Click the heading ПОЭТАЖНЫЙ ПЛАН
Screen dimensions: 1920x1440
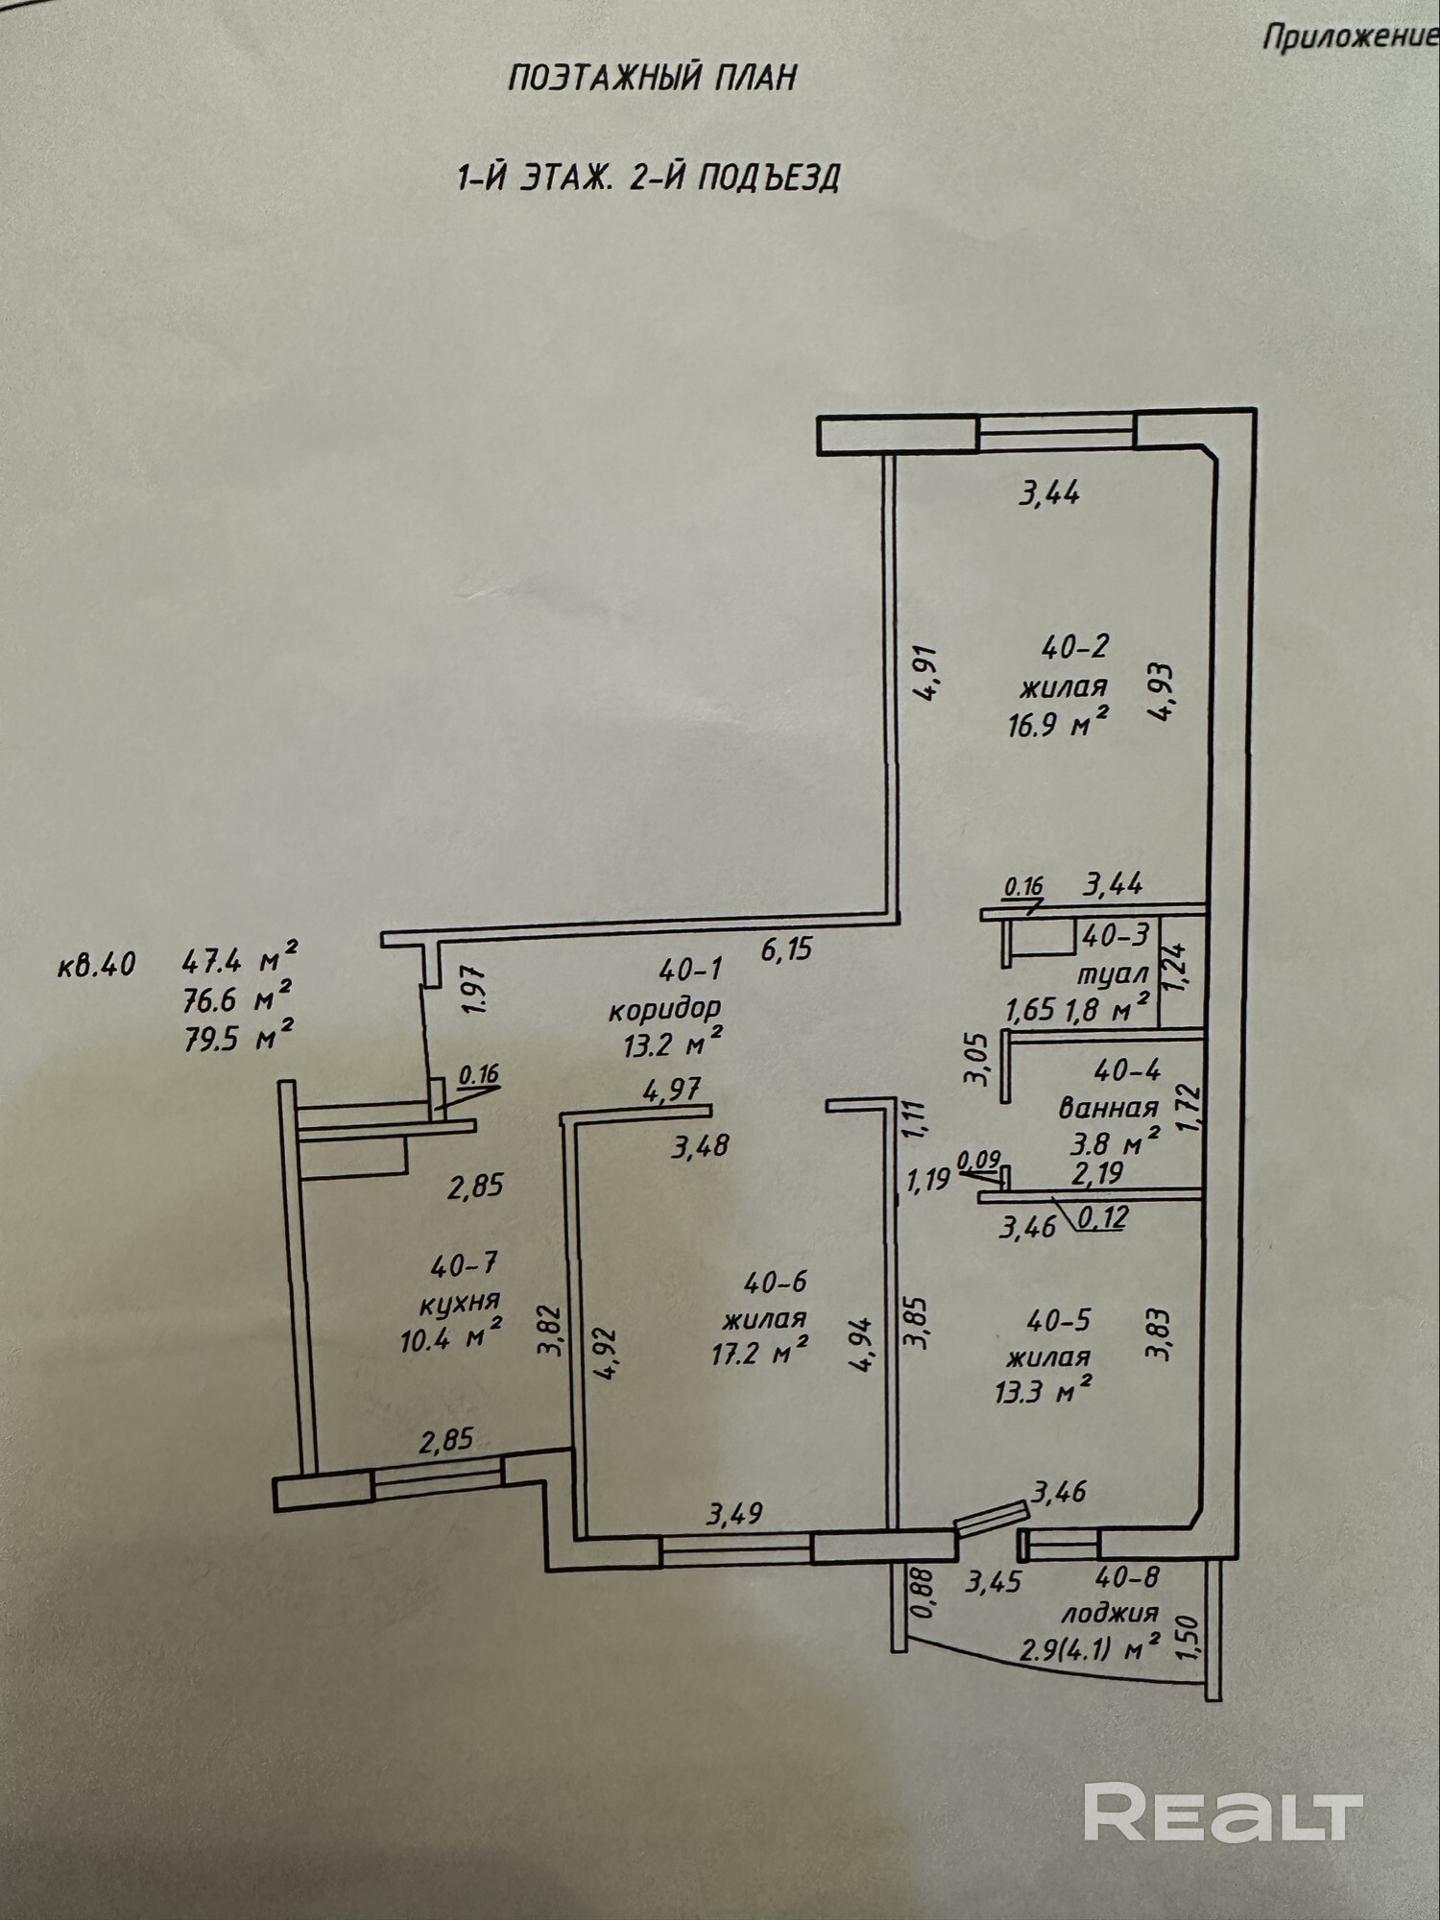click(x=652, y=78)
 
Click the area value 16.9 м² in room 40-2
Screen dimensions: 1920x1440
click(x=1059, y=724)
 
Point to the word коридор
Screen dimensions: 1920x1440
click(x=663, y=1009)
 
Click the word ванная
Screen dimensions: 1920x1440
click(x=1108, y=1108)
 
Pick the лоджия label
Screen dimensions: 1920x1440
click(x=1109, y=1612)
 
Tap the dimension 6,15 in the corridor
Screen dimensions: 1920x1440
click(x=786, y=949)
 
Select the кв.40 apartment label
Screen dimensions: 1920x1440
click(x=96, y=964)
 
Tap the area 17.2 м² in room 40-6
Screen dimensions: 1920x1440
click(x=758, y=1353)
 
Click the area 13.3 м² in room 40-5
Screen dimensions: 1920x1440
click(x=1044, y=1387)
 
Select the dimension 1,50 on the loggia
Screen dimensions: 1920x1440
click(x=1188, y=1643)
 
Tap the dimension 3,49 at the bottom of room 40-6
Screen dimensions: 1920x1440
click(x=734, y=1515)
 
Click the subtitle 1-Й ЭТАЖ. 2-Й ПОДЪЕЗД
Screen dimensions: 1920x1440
click(x=648, y=178)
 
